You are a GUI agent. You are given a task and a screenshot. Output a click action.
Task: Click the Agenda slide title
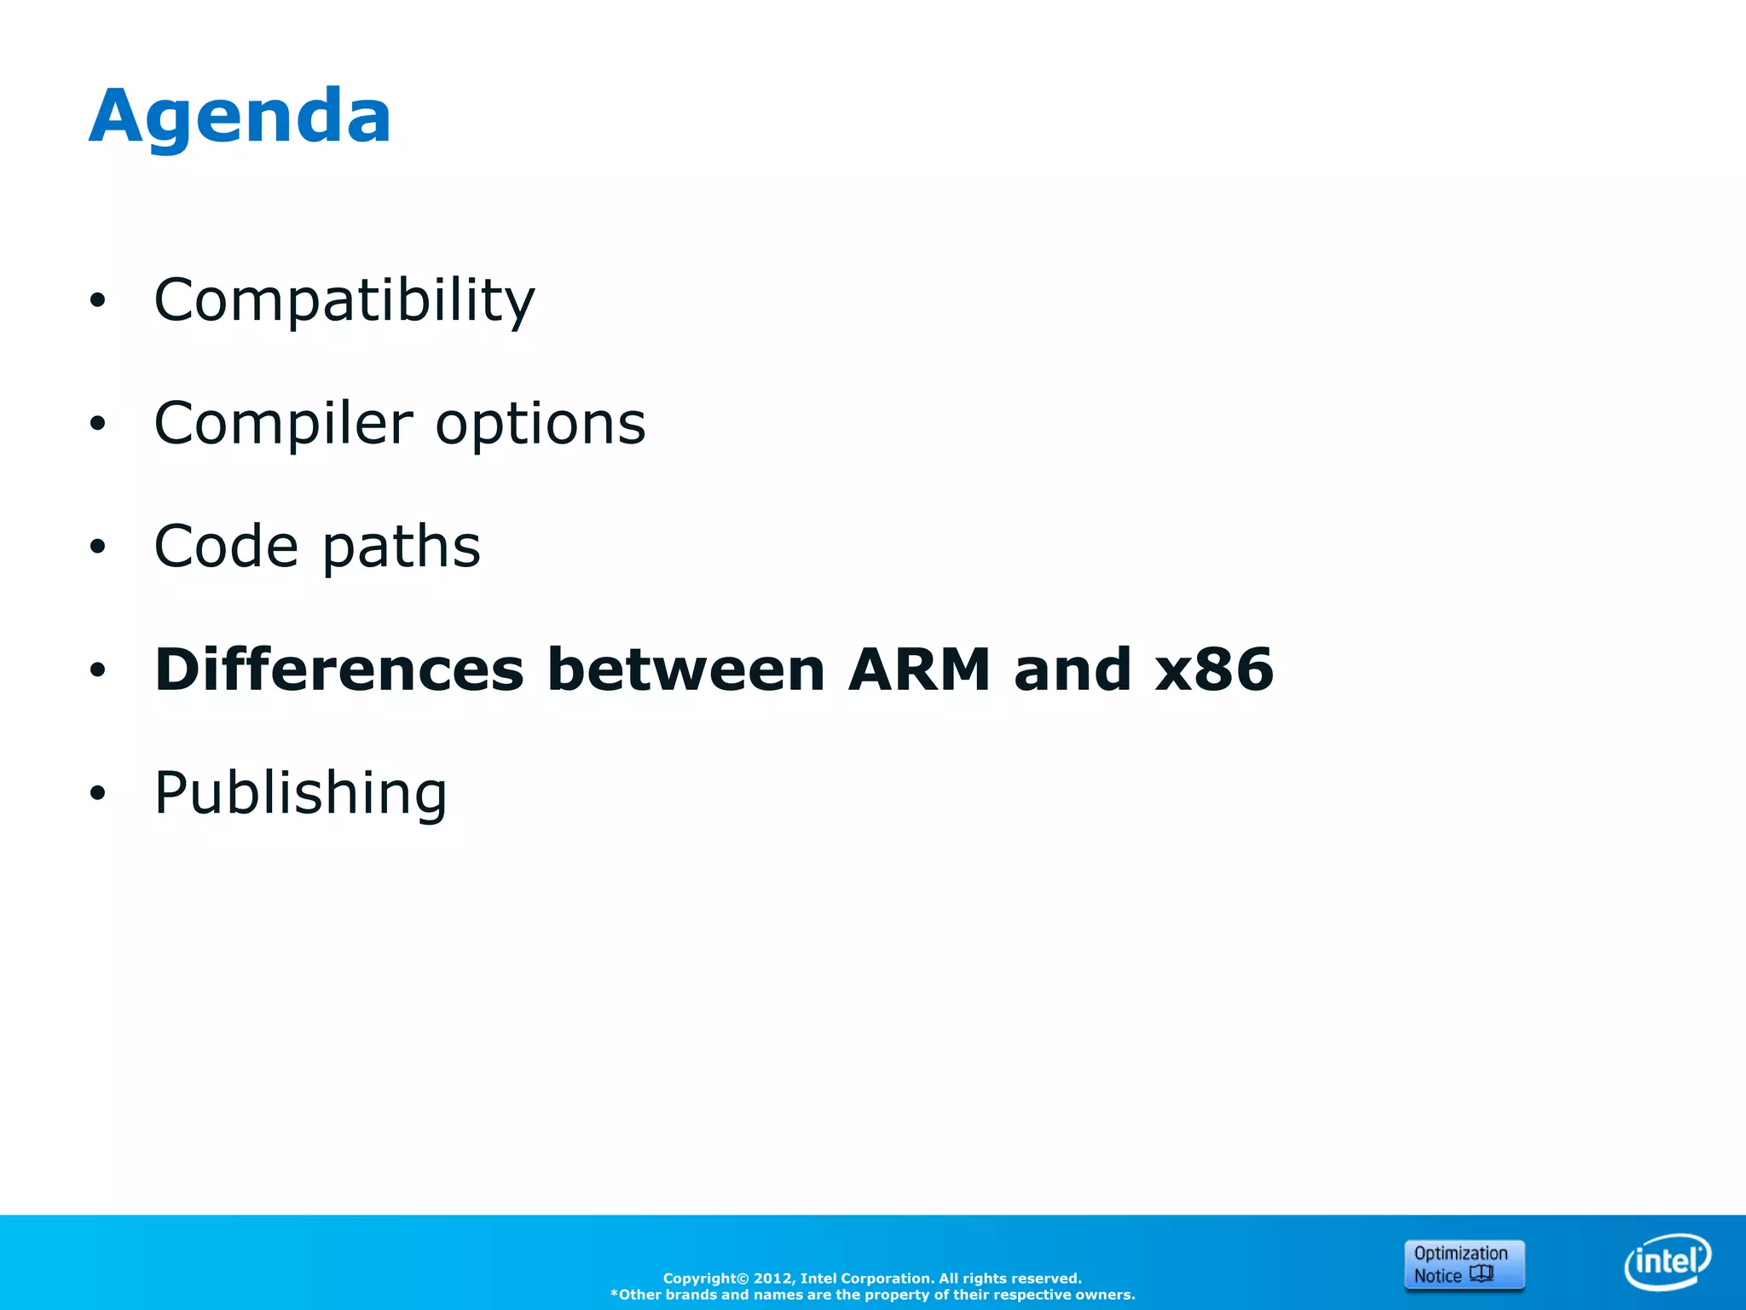coord(240,117)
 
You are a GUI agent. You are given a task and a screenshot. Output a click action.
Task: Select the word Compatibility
coord(344,300)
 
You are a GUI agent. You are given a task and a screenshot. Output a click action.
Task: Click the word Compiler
coord(283,424)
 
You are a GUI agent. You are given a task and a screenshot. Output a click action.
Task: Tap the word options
coord(541,424)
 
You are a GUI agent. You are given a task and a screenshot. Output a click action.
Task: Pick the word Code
coord(226,547)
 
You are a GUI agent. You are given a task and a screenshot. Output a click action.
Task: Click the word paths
coord(402,547)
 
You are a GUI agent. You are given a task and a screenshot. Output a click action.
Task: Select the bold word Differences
coord(338,669)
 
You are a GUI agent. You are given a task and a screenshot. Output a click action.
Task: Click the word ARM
coord(918,669)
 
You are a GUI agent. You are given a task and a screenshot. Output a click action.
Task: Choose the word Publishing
coord(300,793)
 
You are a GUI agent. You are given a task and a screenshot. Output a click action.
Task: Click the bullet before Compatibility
coord(98,300)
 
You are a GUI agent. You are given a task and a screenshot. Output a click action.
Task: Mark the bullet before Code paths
coord(98,547)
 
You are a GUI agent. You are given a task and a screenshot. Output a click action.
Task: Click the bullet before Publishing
coord(98,793)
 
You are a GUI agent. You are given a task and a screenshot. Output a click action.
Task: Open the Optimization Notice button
coord(1464,1264)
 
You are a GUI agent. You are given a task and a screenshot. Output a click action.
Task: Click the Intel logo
coord(1667,1261)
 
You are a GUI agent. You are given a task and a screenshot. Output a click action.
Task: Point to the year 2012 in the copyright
coord(772,1278)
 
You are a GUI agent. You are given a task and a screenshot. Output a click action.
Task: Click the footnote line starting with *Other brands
coord(872,1295)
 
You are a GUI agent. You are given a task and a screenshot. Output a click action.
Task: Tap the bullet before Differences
coord(98,670)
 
